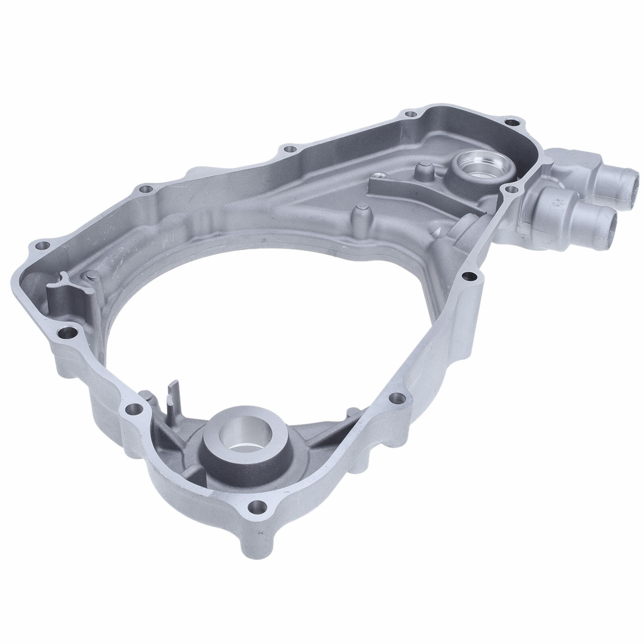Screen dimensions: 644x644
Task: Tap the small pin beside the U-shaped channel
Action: [x=90, y=276]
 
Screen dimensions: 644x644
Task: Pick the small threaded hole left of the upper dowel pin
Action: [x=378, y=175]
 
